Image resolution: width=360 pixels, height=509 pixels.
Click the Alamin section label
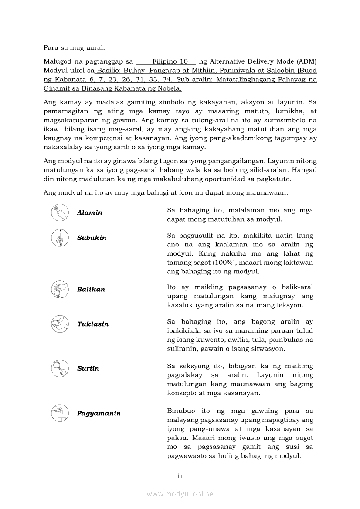[x=89, y=213]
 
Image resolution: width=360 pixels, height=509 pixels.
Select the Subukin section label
[x=92, y=238]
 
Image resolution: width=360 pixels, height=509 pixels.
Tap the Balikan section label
[x=91, y=290]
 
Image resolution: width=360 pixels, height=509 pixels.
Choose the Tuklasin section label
[x=92, y=324]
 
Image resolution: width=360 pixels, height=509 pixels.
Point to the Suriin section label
[x=88, y=368]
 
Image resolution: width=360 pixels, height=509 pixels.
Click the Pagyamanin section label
[x=98, y=413]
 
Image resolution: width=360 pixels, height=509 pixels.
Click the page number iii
[x=180, y=476]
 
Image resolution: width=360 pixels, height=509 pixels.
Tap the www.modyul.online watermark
[x=180, y=494]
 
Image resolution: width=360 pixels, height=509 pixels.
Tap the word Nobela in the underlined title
[x=169, y=88]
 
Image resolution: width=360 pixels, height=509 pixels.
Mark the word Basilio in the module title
[x=109, y=71]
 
